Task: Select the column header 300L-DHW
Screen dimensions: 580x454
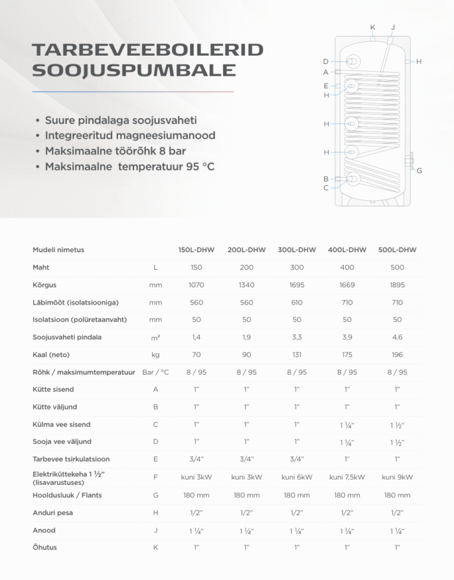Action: [x=297, y=249]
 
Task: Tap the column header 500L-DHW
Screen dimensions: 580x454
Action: [x=397, y=249]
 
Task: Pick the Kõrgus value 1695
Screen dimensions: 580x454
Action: [x=297, y=284]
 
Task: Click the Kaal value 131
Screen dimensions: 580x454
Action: [x=297, y=354]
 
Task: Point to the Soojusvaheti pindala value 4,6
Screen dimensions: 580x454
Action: [x=397, y=337]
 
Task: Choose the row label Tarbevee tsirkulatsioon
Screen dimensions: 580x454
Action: [x=71, y=459]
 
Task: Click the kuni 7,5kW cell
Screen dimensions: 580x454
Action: [x=347, y=478]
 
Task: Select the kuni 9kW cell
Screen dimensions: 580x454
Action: [x=397, y=478]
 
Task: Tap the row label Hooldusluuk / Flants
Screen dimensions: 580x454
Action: [x=67, y=495]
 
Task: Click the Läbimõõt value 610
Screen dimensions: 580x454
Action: [x=297, y=302]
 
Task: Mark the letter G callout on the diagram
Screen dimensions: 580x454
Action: [x=420, y=170]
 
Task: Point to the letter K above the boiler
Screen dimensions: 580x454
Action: [x=372, y=27]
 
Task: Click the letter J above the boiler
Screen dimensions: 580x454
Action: [x=393, y=27]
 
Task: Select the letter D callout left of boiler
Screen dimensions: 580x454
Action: [x=326, y=62]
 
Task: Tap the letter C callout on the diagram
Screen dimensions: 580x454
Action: [x=326, y=188]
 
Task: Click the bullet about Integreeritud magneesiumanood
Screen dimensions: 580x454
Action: [x=130, y=136]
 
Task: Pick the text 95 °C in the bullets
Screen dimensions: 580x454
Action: [x=200, y=167]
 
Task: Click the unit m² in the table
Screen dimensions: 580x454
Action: [x=155, y=337]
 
